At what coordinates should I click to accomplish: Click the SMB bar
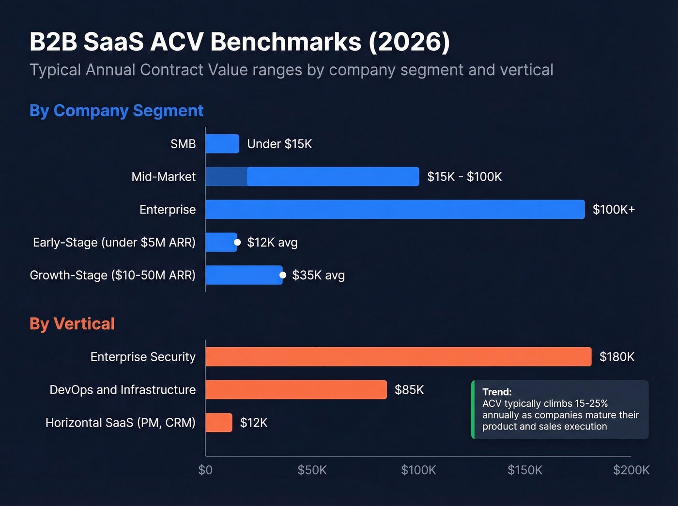point(222,144)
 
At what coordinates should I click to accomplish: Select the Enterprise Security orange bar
point(398,357)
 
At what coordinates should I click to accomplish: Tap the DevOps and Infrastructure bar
point(296,390)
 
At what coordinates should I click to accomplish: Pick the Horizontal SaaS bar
point(219,423)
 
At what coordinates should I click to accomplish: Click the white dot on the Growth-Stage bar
point(283,275)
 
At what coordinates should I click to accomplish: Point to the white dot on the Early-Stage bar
point(237,242)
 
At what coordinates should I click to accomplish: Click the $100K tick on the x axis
point(418,470)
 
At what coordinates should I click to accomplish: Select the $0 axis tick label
point(205,470)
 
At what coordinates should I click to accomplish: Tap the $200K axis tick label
point(631,470)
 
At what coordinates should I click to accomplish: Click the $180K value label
point(616,357)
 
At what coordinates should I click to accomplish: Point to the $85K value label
point(409,390)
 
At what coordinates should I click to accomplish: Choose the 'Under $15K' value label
point(279,144)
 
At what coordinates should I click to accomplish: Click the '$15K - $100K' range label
point(464,177)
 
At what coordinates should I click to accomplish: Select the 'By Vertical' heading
point(72,323)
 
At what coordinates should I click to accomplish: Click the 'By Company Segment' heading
point(116,110)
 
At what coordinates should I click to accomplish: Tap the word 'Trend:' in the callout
point(497,392)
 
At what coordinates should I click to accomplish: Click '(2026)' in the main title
point(409,42)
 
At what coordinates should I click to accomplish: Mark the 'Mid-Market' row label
point(163,177)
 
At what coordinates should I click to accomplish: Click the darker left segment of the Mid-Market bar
point(226,177)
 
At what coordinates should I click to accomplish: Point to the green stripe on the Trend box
point(473,410)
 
